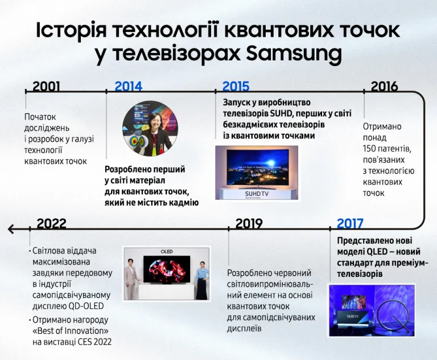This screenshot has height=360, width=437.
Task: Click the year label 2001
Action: tap(46, 87)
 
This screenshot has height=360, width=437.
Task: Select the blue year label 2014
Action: tap(129, 87)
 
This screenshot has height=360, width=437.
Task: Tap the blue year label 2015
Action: tap(236, 87)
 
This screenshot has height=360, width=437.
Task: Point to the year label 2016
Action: tap(384, 87)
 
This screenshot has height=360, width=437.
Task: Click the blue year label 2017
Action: tap(350, 224)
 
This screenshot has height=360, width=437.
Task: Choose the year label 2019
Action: tap(249, 224)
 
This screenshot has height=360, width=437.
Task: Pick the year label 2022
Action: tap(52, 224)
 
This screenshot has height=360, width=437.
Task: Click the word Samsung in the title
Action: tap(294, 54)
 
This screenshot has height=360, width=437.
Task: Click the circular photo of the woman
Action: tap(151, 129)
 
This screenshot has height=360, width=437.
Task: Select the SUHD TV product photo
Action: tap(256, 172)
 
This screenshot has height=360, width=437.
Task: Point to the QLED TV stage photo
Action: tap(372, 310)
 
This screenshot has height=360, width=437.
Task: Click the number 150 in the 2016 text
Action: tap(370, 148)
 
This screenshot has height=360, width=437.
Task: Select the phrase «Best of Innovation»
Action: tap(71, 331)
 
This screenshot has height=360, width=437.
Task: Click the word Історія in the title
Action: tap(72, 30)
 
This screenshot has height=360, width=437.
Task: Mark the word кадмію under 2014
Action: tap(184, 202)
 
